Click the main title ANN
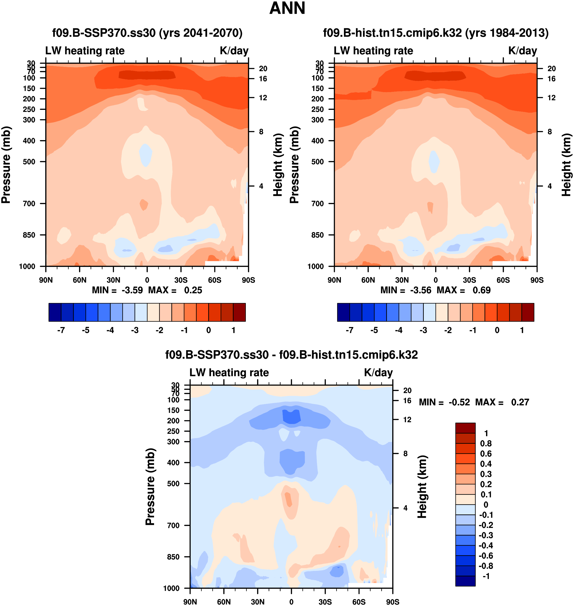(x=287, y=8)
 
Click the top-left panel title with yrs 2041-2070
(x=147, y=33)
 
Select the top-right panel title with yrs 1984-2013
(x=436, y=33)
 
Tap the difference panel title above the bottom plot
(x=291, y=355)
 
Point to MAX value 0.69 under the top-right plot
(x=482, y=290)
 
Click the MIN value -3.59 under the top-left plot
(x=132, y=290)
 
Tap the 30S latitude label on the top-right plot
(x=469, y=280)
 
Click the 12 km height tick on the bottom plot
(x=407, y=420)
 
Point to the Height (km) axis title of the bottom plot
(x=422, y=487)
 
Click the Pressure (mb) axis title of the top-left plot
(x=6, y=165)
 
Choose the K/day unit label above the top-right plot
(x=523, y=51)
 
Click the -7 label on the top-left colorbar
(x=61, y=330)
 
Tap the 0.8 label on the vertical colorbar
(x=486, y=444)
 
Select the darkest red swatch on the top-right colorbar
(x=528, y=312)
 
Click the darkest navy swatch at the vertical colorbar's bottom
(x=465, y=581)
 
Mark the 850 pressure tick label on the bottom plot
(x=173, y=557)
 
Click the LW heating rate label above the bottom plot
(x=229, y=373)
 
